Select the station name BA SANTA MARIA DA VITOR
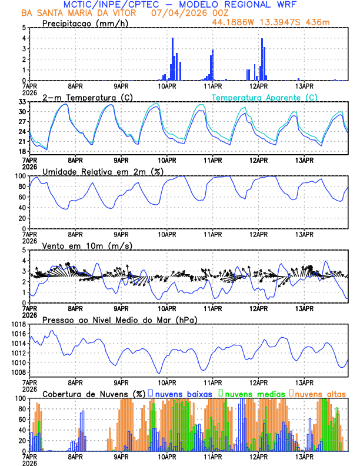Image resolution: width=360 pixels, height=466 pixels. [79, 13]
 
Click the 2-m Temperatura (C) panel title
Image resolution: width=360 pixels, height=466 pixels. [86, 97]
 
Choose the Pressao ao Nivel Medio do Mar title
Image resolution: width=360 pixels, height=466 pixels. [119, 319]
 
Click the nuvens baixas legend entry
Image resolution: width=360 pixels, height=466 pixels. [183, 393]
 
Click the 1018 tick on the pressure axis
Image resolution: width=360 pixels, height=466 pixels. [18, 324]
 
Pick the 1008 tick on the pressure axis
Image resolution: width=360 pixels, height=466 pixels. [18, 372]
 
